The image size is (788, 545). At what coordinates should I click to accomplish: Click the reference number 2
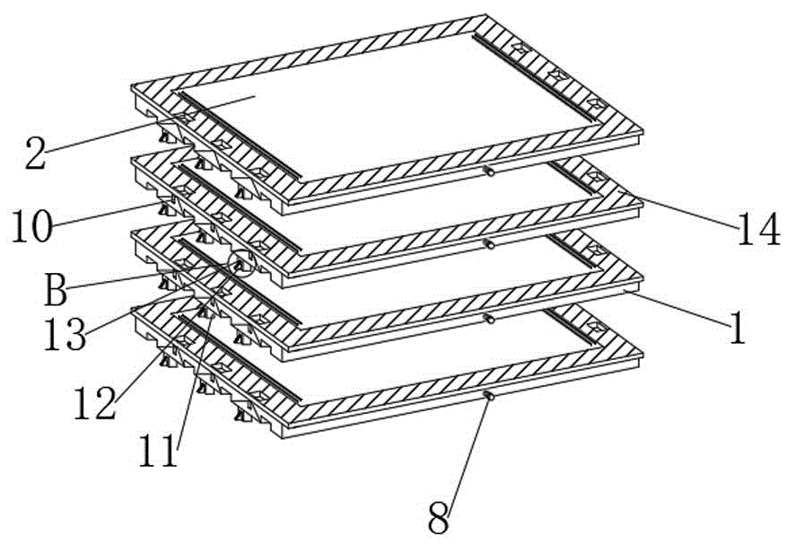34,154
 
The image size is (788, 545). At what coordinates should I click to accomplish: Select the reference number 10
32,225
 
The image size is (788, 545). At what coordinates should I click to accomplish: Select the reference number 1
736,329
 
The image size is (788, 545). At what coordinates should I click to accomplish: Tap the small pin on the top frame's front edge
490,171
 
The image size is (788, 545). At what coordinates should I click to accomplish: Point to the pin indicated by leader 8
489,394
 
